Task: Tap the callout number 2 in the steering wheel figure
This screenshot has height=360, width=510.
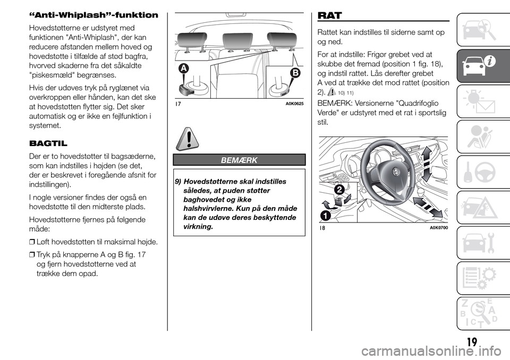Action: (x=338, y=190)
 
